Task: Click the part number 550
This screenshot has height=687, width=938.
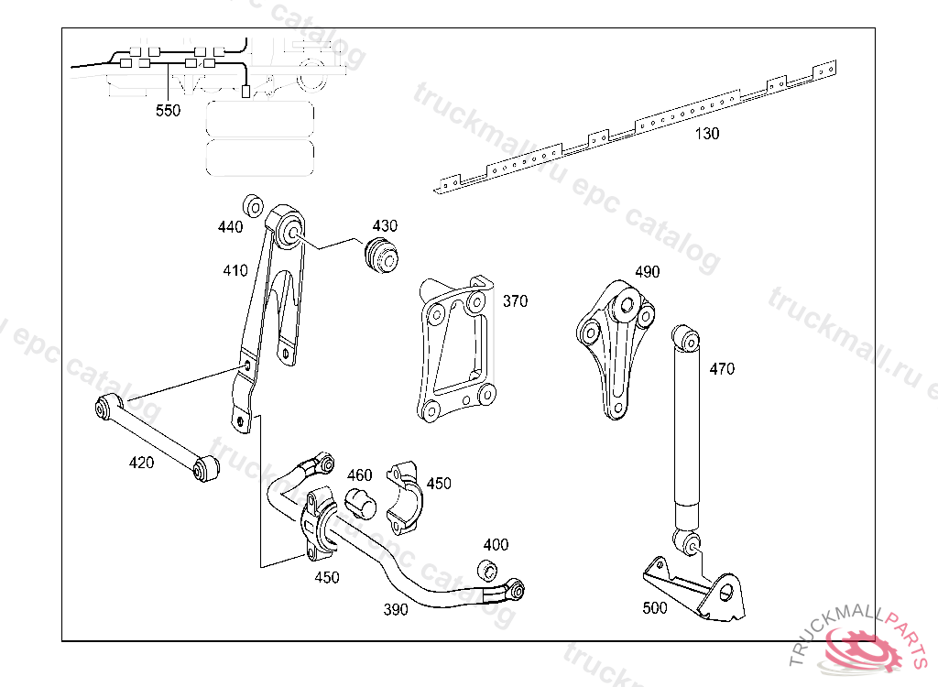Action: click(x=168, y=111)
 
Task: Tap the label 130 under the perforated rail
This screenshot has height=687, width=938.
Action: click(x=706, y=134)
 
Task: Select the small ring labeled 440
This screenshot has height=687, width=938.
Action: click(x=253, y=205)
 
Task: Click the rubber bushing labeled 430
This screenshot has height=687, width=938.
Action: click(x=382, y=256)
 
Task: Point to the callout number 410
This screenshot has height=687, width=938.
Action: click(x=235, y=270)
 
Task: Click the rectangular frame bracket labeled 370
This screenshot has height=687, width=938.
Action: click(x=456, y=350)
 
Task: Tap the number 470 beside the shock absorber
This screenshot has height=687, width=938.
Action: click(x=722, y=368)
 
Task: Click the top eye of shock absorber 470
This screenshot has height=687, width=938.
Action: click(x=685, y=338)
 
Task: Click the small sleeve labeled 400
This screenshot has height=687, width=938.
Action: click(x=487, y=570)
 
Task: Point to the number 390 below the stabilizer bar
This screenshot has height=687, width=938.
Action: click(x=396, y=609)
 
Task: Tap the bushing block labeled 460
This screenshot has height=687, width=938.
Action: click(x=361, y=503)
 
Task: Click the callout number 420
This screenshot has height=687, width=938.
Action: click(x=141, y=463)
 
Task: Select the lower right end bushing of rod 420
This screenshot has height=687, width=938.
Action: click(x=206, y=468)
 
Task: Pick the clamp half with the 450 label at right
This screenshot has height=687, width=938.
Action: click(x=404, y=496)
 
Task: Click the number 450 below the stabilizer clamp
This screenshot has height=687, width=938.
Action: click(x=327, y=577)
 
